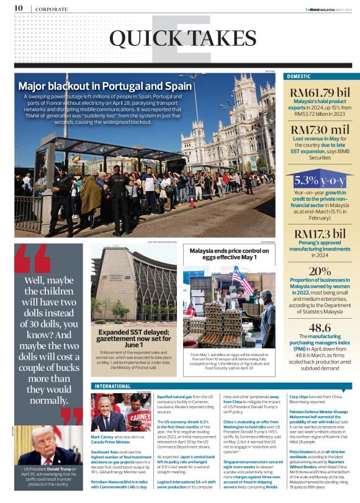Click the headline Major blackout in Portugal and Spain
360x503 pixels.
coord(105,86)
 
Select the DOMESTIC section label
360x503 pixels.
coord(300,77)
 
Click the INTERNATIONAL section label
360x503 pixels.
coord(112,386)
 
